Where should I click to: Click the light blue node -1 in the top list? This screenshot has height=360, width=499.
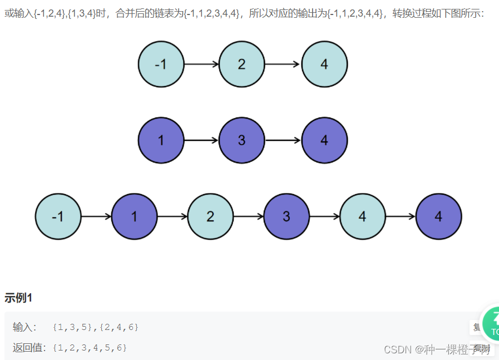(x=161, y=65)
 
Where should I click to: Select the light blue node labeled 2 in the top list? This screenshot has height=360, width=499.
(x=241, y=65)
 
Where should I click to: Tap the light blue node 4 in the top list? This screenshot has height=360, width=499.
(x=324, y=65)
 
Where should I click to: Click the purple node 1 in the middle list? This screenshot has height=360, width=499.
(x=161, y=140)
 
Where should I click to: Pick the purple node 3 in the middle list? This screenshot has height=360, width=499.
(x=241, y=140)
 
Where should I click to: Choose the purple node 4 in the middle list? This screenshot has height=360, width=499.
(x=324, y=140)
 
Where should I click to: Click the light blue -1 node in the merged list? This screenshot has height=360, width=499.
(x=58, y=216)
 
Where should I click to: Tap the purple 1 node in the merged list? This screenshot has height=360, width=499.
(x=134, y=216)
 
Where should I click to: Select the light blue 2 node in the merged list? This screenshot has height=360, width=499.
(x=210, y=216)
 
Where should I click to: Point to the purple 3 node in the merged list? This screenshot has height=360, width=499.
(x=286, y=216)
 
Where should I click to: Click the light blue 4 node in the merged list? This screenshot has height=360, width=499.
(x=362, y=216)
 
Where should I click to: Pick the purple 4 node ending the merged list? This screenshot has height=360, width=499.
(x=438, y=216)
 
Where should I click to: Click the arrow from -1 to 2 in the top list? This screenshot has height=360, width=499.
(x=201, y=65)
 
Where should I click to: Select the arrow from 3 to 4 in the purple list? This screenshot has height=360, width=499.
(x=283, y=140)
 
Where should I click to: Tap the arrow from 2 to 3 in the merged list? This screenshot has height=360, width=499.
(x=248, y=216)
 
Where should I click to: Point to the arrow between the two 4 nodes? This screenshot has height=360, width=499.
(x=401, y=216)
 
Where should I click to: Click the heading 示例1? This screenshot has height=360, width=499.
(x=18, y=298)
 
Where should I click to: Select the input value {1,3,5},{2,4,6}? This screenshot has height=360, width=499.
(x=95, y=327)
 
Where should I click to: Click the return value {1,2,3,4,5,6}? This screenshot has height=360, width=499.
(x=90, y=348)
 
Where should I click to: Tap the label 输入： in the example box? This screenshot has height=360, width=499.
(x=24, y=327)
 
